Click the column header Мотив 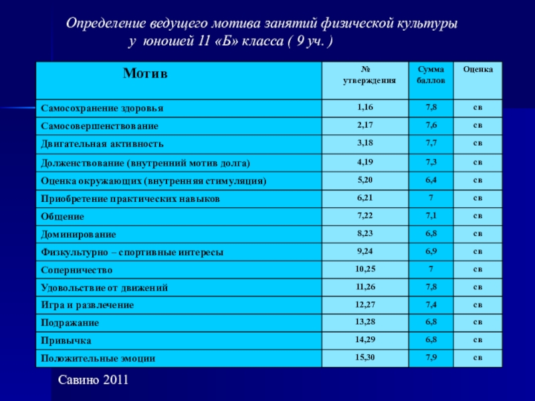(145, 73)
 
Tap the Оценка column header (478, 69)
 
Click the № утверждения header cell (365, 74)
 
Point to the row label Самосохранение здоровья (102, 108)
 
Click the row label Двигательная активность (102, 144)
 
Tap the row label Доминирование (78, 235)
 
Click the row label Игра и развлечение (87, 305)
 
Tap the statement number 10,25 (365, 269)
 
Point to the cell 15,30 (365, 358)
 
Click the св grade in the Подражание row (478, 322)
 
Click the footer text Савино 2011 (93, 380)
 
